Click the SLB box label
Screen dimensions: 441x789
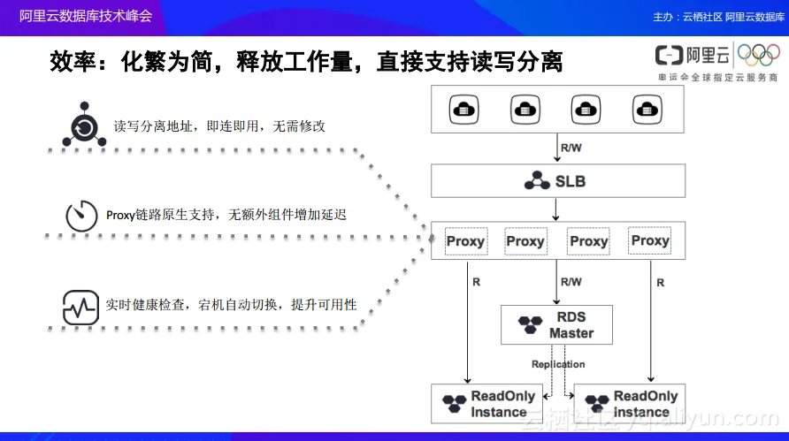(x=570, y=182)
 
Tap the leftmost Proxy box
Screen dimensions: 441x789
(x=465, y=241)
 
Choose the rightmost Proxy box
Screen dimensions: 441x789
(x=650, y=240)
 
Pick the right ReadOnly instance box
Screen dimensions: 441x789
(x=630, y=404)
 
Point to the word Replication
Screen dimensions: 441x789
(x=558, y=364)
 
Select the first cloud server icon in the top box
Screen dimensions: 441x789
(x=462, y=110)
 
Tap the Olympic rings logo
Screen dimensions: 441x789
(x=759, y=56)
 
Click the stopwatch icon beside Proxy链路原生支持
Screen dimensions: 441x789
(x=81, y=216)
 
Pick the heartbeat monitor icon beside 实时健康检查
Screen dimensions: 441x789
(x=80, y=307)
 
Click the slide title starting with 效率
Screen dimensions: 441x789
(x=306, y=62)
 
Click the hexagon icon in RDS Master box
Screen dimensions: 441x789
(x=529, y=325)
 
